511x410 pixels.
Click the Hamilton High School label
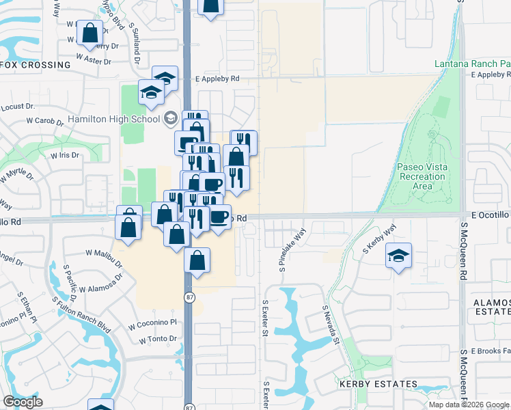(x=114, y=119)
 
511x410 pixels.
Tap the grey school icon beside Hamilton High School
(x=170, y=119)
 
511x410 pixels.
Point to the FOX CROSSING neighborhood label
(x=36, y=65)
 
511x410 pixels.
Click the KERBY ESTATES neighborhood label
(x=378, y=384)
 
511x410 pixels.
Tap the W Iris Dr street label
(x=65, y=155)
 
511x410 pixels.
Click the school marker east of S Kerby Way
(x=399, y=256)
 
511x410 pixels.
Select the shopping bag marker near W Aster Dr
(x=90, y=32)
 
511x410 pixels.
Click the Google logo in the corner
(x=23, y=402)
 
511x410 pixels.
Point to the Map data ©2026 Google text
(x=469, y=405)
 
